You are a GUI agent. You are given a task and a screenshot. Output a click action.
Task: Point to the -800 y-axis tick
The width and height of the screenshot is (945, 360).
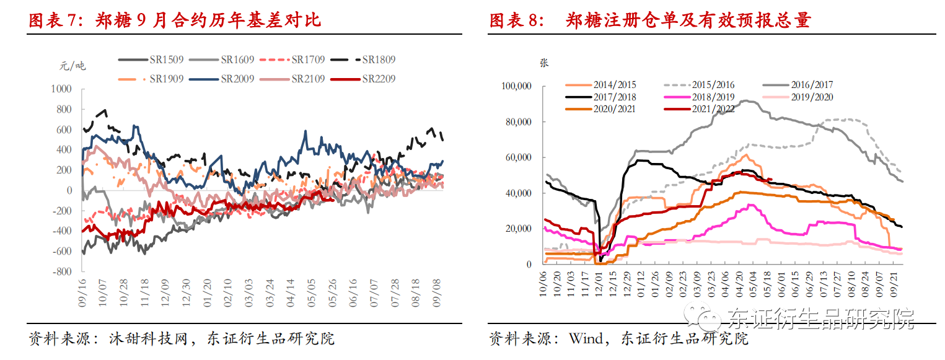pos(61,271)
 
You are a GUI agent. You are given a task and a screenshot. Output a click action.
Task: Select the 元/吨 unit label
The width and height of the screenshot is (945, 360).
pos(73,66)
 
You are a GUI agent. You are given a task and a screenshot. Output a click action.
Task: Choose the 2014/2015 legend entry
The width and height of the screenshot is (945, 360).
pos(614,85)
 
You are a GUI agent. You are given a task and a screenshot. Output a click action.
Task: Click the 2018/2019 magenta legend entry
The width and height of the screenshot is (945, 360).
pos(713,97)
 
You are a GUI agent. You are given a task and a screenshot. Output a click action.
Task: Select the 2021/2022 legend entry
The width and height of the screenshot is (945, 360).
pos(713,108)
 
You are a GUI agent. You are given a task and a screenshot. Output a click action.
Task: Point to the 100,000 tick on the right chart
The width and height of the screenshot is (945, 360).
pos(516,86)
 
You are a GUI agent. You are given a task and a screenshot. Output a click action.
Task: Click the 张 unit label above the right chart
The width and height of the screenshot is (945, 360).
pos(544,63)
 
